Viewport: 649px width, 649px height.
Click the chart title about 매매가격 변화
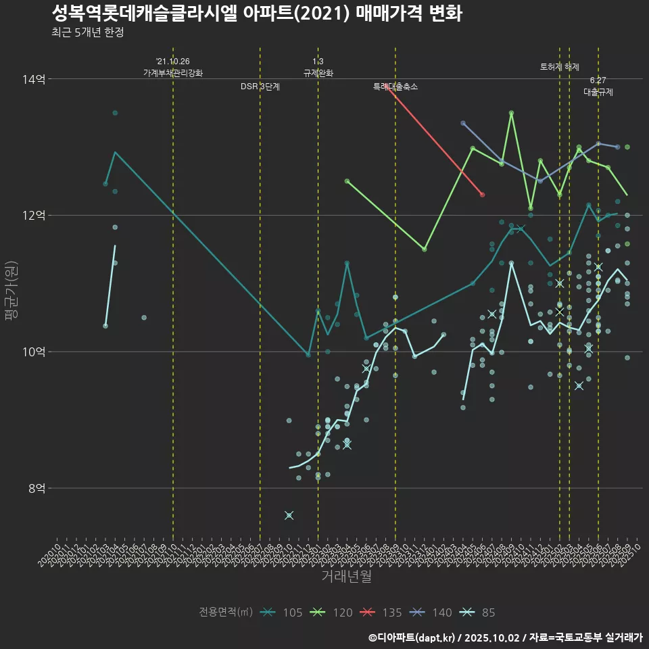pos(256,13)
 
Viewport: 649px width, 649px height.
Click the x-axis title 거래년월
pos(346,577)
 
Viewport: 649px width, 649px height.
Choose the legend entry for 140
pos(432,612)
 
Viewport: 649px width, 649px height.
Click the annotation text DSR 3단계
pos(260,87)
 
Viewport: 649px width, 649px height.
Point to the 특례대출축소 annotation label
pos(395,87)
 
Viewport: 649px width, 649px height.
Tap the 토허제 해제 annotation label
pos(560,67)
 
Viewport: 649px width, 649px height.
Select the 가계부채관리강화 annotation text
pos(173,73)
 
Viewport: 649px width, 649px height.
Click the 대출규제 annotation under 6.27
pos(598,93)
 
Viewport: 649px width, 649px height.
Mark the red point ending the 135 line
pos(482,195)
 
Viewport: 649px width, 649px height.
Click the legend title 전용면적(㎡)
pos(226,612)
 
